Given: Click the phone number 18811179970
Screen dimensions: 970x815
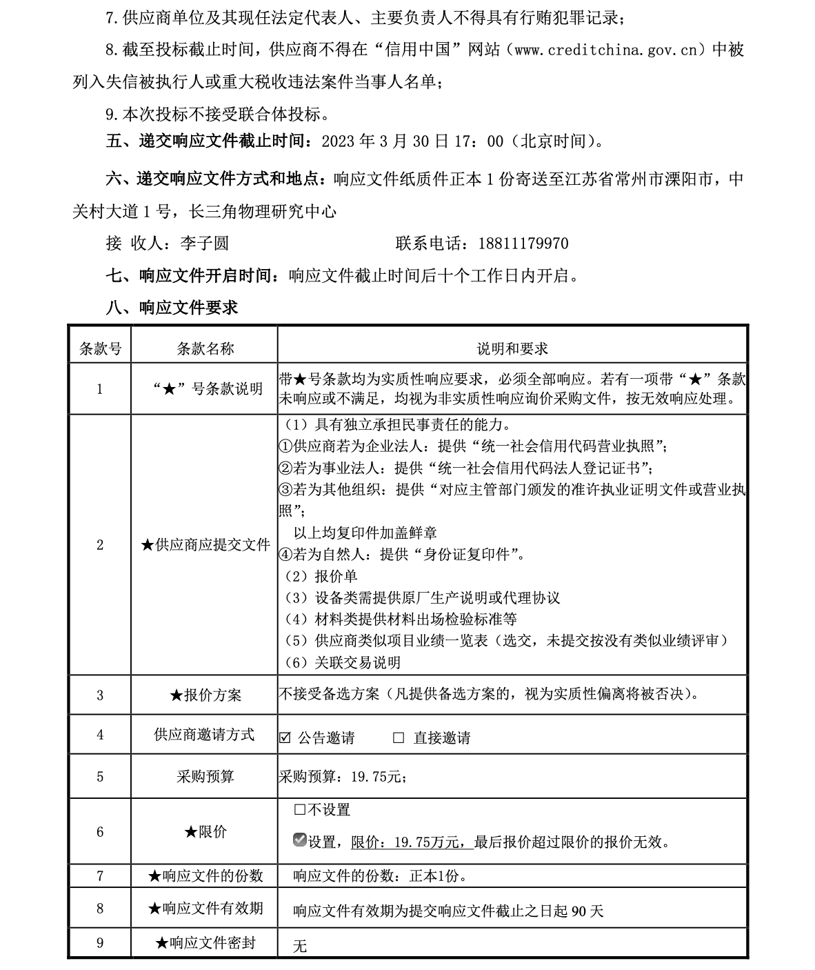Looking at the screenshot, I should (519, 244).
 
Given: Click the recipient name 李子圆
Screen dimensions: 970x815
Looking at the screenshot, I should (204, 244).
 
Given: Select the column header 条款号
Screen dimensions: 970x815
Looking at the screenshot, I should (100, 348).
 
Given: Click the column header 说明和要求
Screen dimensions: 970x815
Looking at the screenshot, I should (512, 348).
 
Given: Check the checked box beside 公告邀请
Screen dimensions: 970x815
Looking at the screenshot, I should (285, 738).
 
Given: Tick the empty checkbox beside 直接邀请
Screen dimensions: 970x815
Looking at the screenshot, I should (399, 738).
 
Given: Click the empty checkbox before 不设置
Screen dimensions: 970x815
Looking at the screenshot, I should (299, 809).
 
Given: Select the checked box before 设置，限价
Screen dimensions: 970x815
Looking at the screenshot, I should (299, 840).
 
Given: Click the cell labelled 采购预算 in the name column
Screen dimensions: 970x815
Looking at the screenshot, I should (205, 776).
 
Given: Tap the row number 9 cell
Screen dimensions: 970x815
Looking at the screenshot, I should (100, 942).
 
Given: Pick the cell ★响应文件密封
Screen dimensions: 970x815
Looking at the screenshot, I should (205, 942).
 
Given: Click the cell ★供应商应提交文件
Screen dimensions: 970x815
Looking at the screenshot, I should (205, 545).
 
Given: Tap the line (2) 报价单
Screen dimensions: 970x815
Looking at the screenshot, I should (321, 576).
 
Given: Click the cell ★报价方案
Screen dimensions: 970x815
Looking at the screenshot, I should (205, 695).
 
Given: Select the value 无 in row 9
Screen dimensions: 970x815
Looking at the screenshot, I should (299, 946).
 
